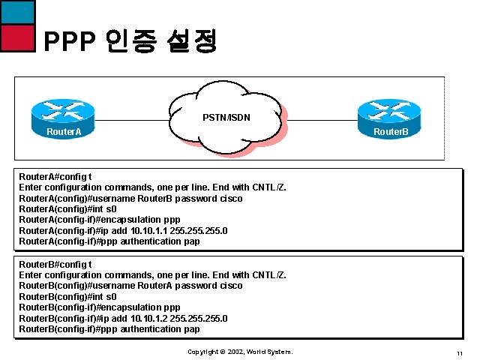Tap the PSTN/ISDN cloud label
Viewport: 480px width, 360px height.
(226, 117)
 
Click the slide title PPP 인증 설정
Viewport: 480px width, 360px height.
(130, 41)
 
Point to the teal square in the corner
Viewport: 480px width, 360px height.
(17, 11)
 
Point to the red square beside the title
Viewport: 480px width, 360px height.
(17, 37)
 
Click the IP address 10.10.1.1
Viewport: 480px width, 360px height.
(149, 231)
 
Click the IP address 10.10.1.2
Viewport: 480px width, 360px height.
(149, 319)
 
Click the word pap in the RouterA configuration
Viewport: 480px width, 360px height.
(192, 241)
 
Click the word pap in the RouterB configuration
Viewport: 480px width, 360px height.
(192, 329)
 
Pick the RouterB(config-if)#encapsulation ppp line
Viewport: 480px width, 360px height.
(99, 307)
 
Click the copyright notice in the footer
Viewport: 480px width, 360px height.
(240, 352)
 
